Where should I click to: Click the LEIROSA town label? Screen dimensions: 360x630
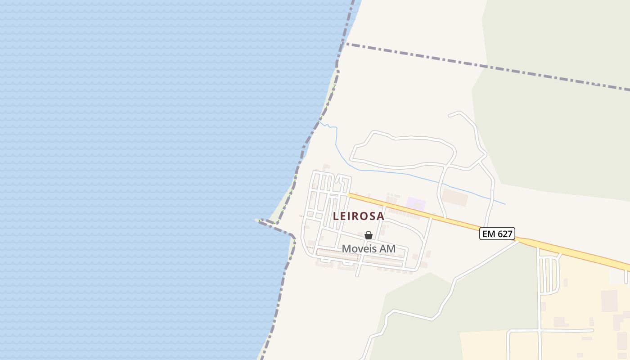(359, 216)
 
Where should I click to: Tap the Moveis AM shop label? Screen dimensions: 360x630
(369, 248)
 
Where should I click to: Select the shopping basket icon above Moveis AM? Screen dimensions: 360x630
(369, 235)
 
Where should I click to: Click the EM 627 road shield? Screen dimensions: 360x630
(497, 234)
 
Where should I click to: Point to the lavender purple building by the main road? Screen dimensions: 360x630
(415, 204)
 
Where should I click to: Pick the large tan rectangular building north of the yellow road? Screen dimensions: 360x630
(455, 197)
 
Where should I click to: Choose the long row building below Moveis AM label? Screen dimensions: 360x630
(338, 254)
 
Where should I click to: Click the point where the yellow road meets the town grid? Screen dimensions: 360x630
(349, 194)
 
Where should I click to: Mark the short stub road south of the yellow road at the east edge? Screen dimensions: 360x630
(626, 277)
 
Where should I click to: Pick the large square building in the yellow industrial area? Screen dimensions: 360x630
(609, 301)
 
